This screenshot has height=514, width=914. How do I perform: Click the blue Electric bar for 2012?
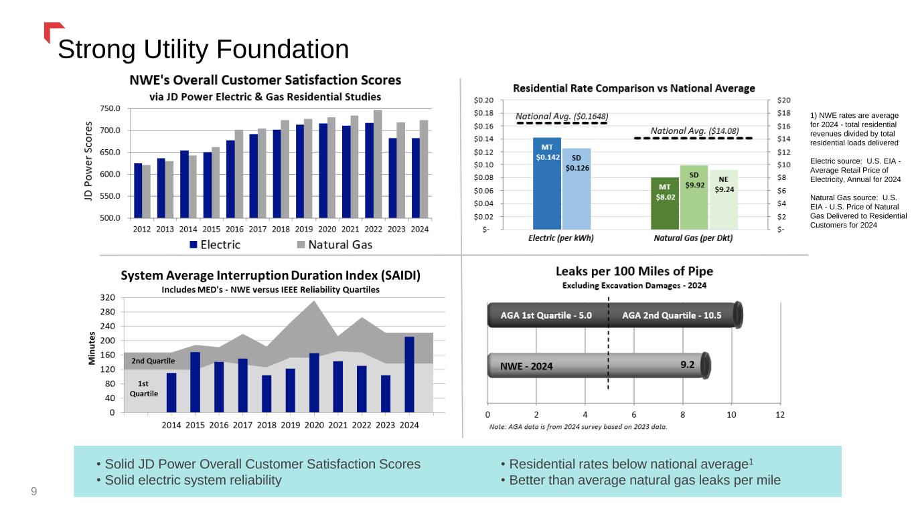138,191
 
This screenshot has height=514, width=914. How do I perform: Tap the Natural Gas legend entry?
334,245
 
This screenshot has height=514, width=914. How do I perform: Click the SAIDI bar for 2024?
410,375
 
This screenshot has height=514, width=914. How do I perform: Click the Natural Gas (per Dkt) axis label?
693,238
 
